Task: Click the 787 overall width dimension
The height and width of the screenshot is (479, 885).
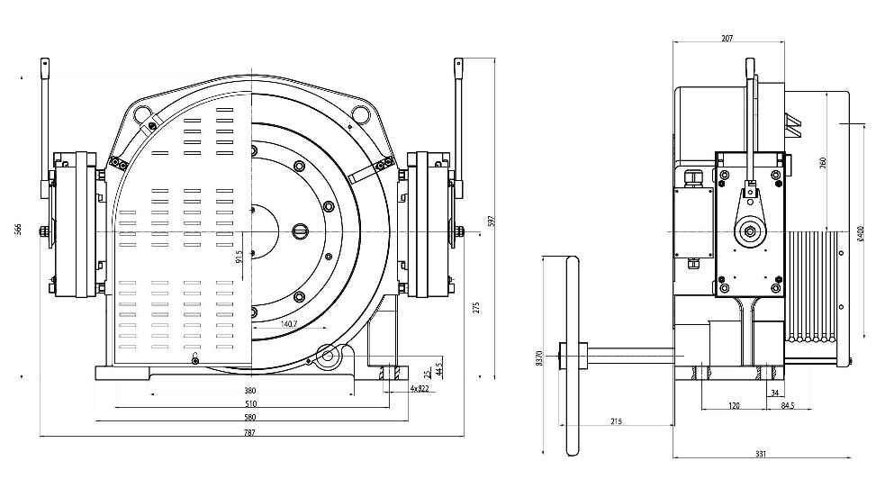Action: tap(249, 433)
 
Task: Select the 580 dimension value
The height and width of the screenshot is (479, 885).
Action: tap(249, 418)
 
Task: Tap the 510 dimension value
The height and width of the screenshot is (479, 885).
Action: tap(249, 404)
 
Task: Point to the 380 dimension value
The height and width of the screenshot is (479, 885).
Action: tap(249, 391)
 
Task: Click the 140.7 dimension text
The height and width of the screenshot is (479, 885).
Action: tap(290, 323)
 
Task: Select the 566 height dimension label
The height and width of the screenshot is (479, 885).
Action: tap(18, 230)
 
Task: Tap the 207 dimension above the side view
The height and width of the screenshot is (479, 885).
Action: tap(727, 39)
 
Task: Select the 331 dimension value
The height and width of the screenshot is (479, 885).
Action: tap(760, 455)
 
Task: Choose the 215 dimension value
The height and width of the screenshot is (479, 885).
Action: tap(616, 420)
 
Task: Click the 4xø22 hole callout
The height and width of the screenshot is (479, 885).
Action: tap(420, 389)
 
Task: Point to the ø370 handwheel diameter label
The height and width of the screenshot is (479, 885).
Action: tap(537, 357)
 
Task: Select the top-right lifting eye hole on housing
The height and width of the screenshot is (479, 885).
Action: tap(360, 113)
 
